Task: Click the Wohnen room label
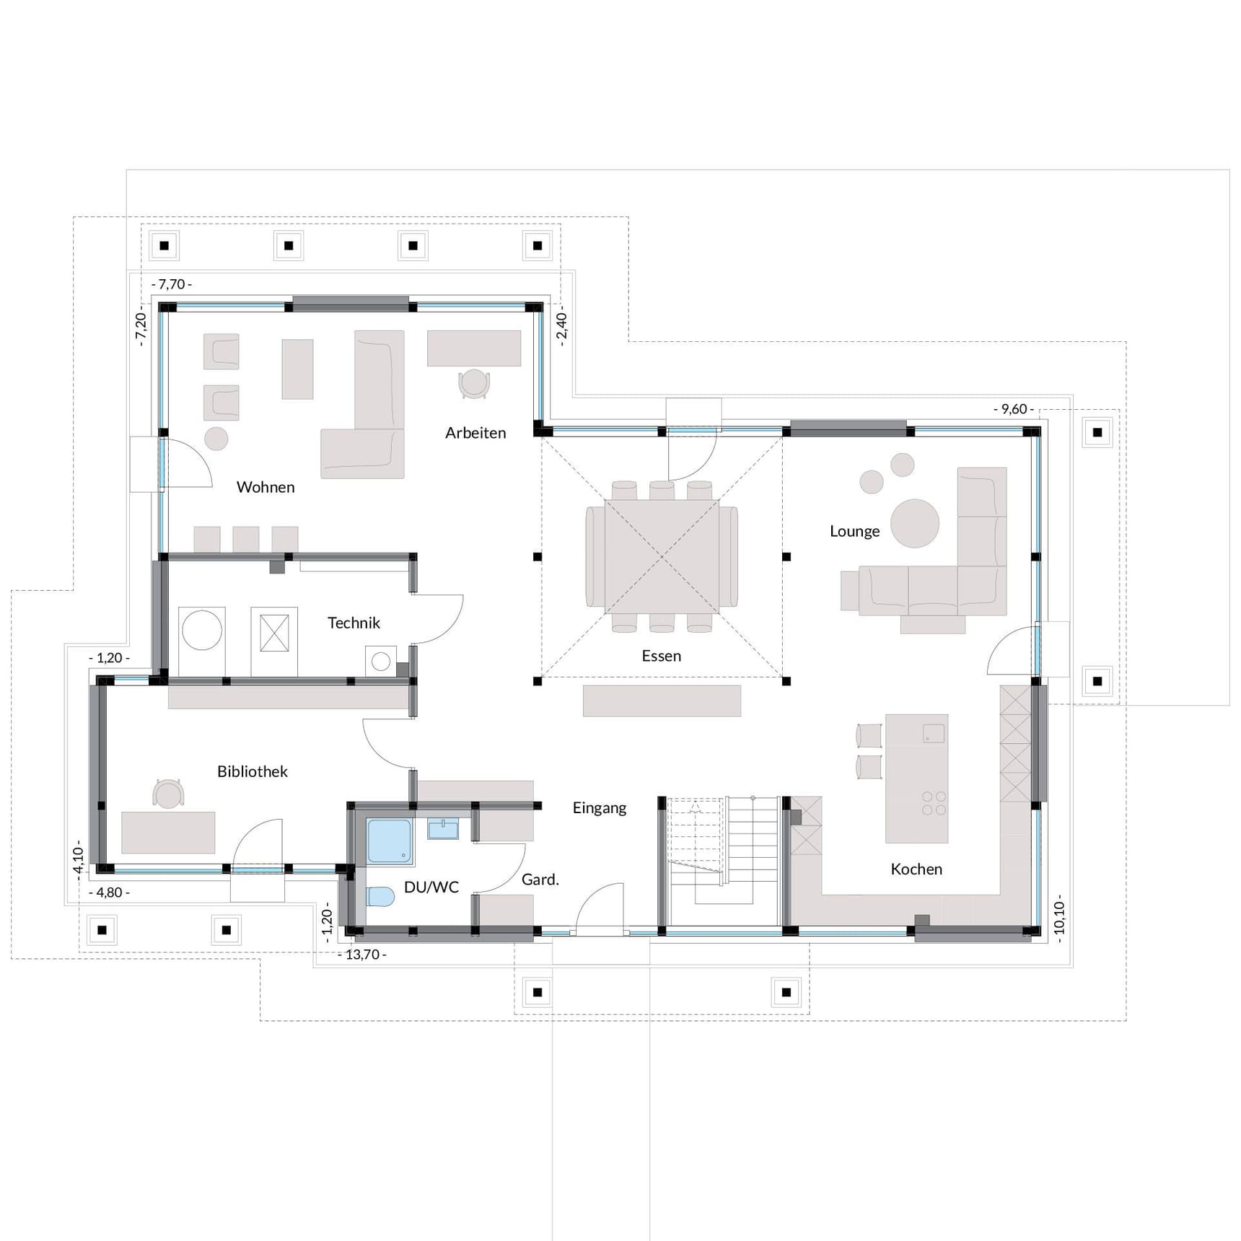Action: (266, 487)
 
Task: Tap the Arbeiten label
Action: (475, 433)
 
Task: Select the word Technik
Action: (354, 623)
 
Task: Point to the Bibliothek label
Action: (253, 771)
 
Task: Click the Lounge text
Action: (854, 531)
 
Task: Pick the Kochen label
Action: (916, 869)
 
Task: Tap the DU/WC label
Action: (431, 887)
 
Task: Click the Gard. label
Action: (540, 880)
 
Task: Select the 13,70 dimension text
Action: (362, 955)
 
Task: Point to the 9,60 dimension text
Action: (1014, 409)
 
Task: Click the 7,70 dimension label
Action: (172, 284)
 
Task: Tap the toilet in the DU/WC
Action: (380, 896)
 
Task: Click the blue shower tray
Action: (390, 841)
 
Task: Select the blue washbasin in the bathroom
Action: (443, 828)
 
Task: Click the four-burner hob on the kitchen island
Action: (934, 804)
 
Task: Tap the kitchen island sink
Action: (934, 734)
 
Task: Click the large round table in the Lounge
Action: (915, 523)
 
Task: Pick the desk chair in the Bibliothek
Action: (168, 794)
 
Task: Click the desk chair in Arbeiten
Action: (474, 383)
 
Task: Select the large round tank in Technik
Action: (202, 630)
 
